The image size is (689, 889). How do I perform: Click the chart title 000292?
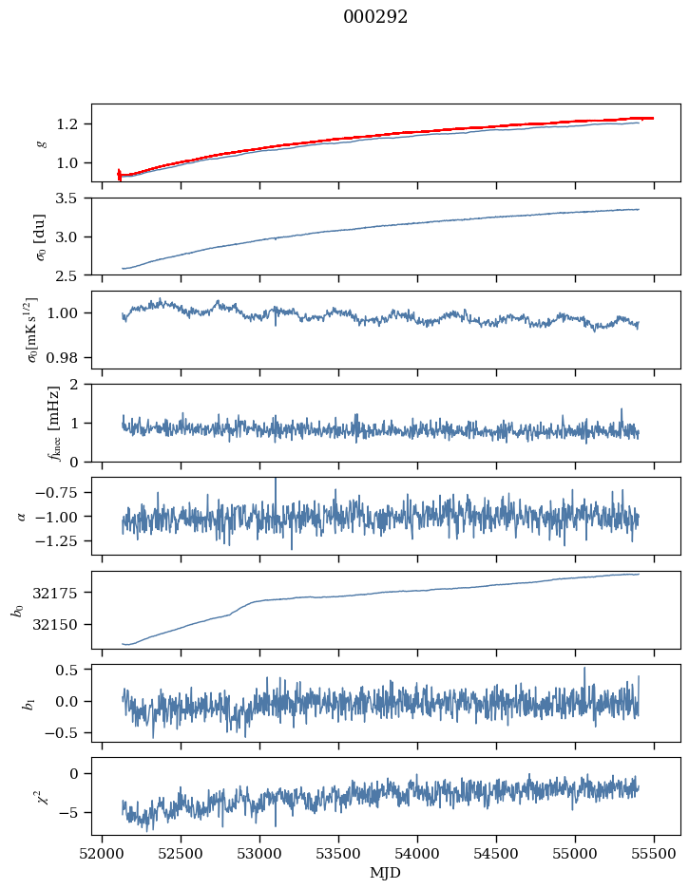pyautogui.click(x=375, y=17)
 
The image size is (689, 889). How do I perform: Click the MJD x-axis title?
pyautogui.click(x=386, y=873)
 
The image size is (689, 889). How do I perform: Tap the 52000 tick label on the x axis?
pyautogui.click(x=103, y=854)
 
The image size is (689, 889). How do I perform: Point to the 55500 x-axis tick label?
pyautogui.click(x=654, y=854)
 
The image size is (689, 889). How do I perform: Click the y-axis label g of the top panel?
pyautogui.click(x=41, y=142)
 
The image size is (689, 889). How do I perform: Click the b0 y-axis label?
pyautogui.click(x=17, y=609)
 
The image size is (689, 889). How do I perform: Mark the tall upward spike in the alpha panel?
pyautogui.click(x=276, y=480)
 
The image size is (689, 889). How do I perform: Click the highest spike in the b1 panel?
pyautogui.click(x=584, y=668)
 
